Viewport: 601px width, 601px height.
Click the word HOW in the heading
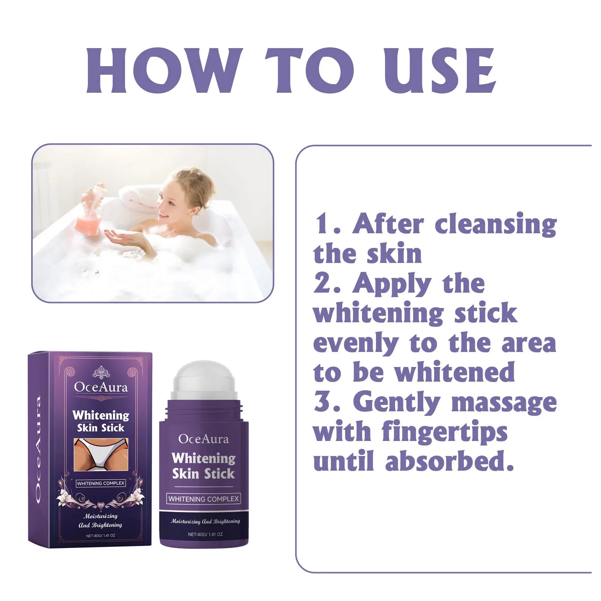point(163,71)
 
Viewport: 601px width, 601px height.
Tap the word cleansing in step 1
point(495,225)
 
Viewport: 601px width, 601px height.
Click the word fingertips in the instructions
point(444,433)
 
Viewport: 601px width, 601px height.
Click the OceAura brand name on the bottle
point(204,439)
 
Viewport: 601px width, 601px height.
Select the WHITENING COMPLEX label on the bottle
point(204,499)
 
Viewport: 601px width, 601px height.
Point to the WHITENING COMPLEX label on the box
point(101,483)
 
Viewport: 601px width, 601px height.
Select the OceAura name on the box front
point(101,387)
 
